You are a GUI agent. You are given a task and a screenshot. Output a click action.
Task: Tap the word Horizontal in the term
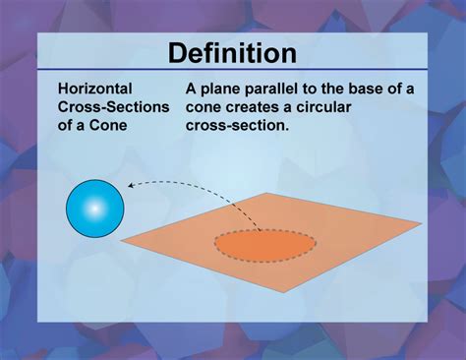tap(96, 89)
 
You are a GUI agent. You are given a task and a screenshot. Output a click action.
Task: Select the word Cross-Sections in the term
tap(113, 105)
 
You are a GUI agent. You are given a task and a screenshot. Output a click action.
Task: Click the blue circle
tap(94, 208)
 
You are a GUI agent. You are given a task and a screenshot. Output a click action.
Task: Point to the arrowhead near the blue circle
tap(129, 184)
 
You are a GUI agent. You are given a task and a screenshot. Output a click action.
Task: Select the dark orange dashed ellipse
tap(265, 245)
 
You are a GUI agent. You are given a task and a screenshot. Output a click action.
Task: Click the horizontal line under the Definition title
tap(232, 71)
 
